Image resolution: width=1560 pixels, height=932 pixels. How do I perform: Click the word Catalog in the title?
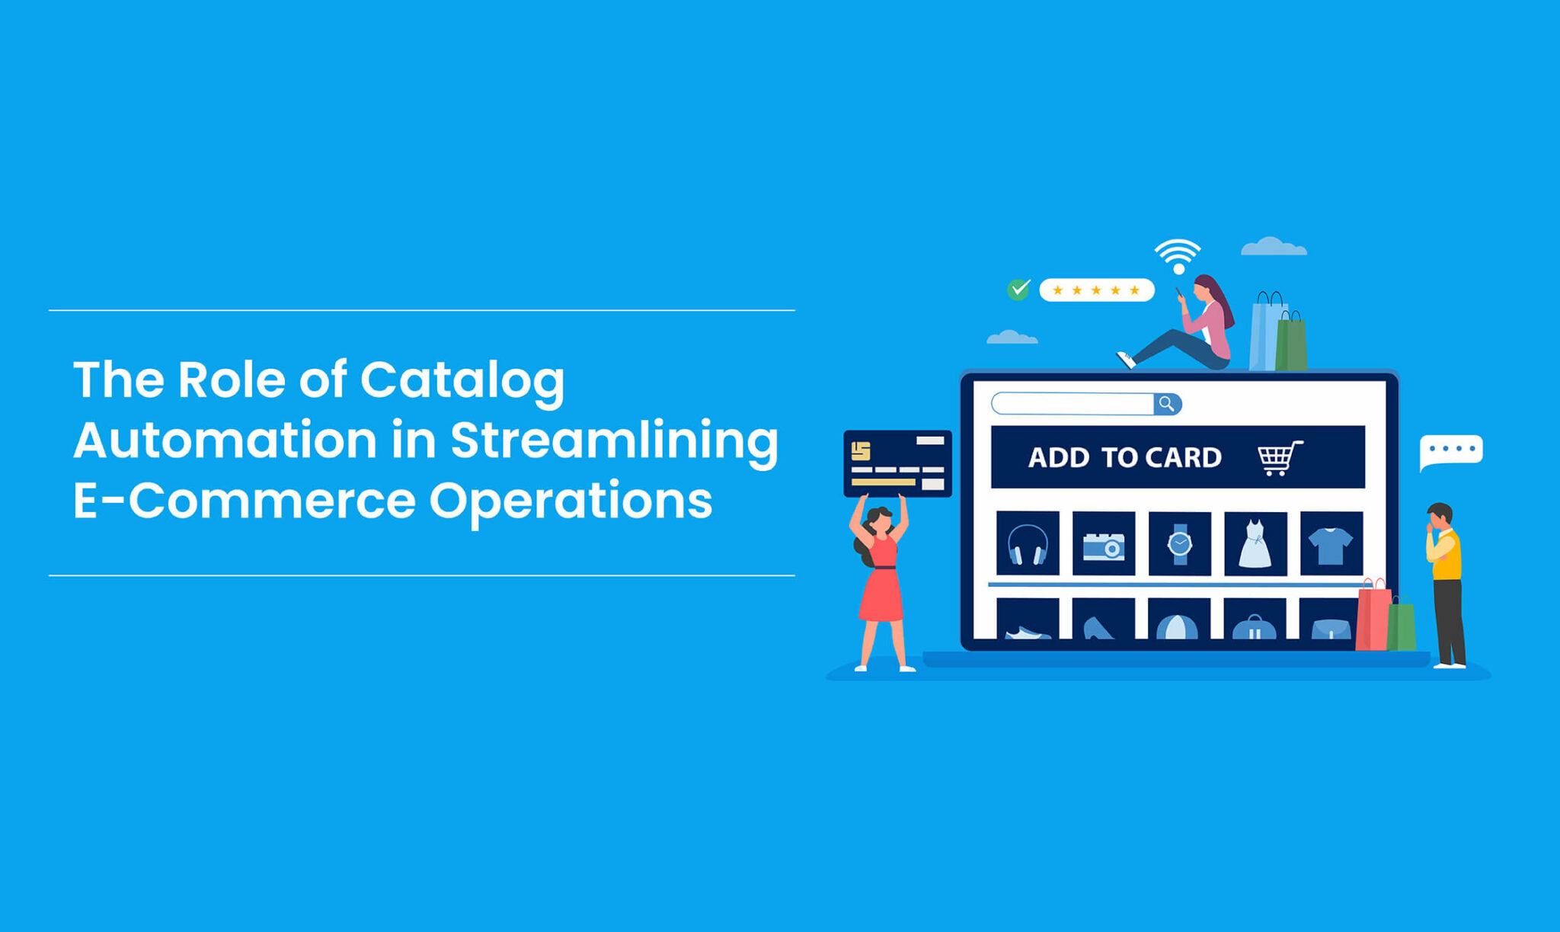pos(462,380)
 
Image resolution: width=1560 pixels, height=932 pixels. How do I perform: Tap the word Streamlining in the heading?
pos(614,440)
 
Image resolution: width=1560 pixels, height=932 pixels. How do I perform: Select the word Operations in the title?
pos(571,501)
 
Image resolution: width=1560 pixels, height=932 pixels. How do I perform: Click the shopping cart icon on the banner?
pos(1280,457)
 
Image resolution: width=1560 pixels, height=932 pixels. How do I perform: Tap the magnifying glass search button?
pos(1167,404)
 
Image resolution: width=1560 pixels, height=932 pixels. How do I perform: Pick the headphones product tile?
pos(1027,543)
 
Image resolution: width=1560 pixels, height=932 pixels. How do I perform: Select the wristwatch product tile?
pos(1179,543)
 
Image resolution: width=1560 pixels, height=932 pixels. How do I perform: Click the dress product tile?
pos(1255,543)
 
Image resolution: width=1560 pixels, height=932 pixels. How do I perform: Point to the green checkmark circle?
pos(1018,290)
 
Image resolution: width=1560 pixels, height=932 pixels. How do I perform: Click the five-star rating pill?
pos(1096,290)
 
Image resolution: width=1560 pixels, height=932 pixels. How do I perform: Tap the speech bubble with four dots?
pos(1451,450)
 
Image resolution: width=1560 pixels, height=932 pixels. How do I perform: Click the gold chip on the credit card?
pos(861,451)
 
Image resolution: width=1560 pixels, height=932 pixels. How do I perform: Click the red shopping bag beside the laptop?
pos(1373,618)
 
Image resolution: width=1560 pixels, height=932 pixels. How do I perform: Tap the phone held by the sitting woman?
pos(1179,292)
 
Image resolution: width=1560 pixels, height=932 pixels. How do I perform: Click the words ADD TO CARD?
pos(1124,457)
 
